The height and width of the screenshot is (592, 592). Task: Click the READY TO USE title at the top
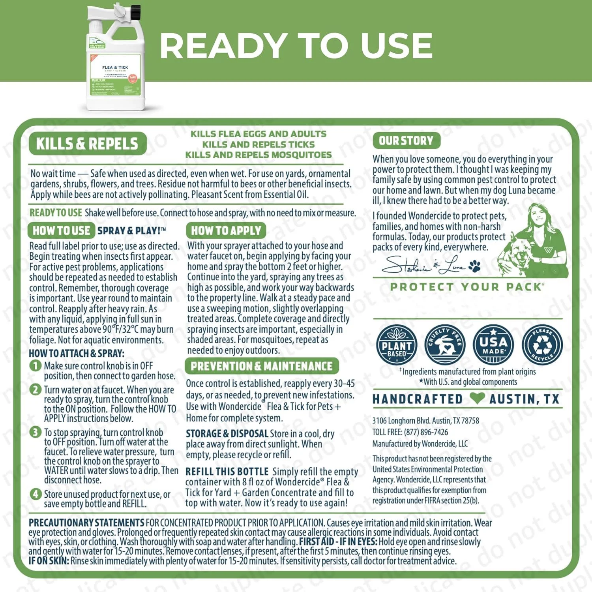(296, 45)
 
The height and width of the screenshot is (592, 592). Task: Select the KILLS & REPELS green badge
(87, 144)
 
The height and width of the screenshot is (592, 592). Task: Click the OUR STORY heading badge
(406, 141)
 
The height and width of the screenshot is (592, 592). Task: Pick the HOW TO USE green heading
(61, 230)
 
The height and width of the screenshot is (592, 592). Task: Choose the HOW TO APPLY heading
(226, 230)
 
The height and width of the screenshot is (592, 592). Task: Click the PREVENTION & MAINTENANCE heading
(261, 366)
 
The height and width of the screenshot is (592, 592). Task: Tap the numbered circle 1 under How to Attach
(35, 366)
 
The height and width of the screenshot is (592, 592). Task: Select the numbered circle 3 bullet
(35, 432)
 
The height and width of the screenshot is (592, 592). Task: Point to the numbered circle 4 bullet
(35, 494)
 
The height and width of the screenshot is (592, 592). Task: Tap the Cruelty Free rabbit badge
(445, 345)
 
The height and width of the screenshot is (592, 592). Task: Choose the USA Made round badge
(493, 345)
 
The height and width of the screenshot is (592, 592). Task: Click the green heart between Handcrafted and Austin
(477, 399)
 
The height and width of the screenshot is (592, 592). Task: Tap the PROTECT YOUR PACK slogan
(467, 287)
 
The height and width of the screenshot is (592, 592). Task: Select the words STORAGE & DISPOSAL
(227, 434)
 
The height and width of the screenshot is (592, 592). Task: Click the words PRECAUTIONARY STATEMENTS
(86, 523)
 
